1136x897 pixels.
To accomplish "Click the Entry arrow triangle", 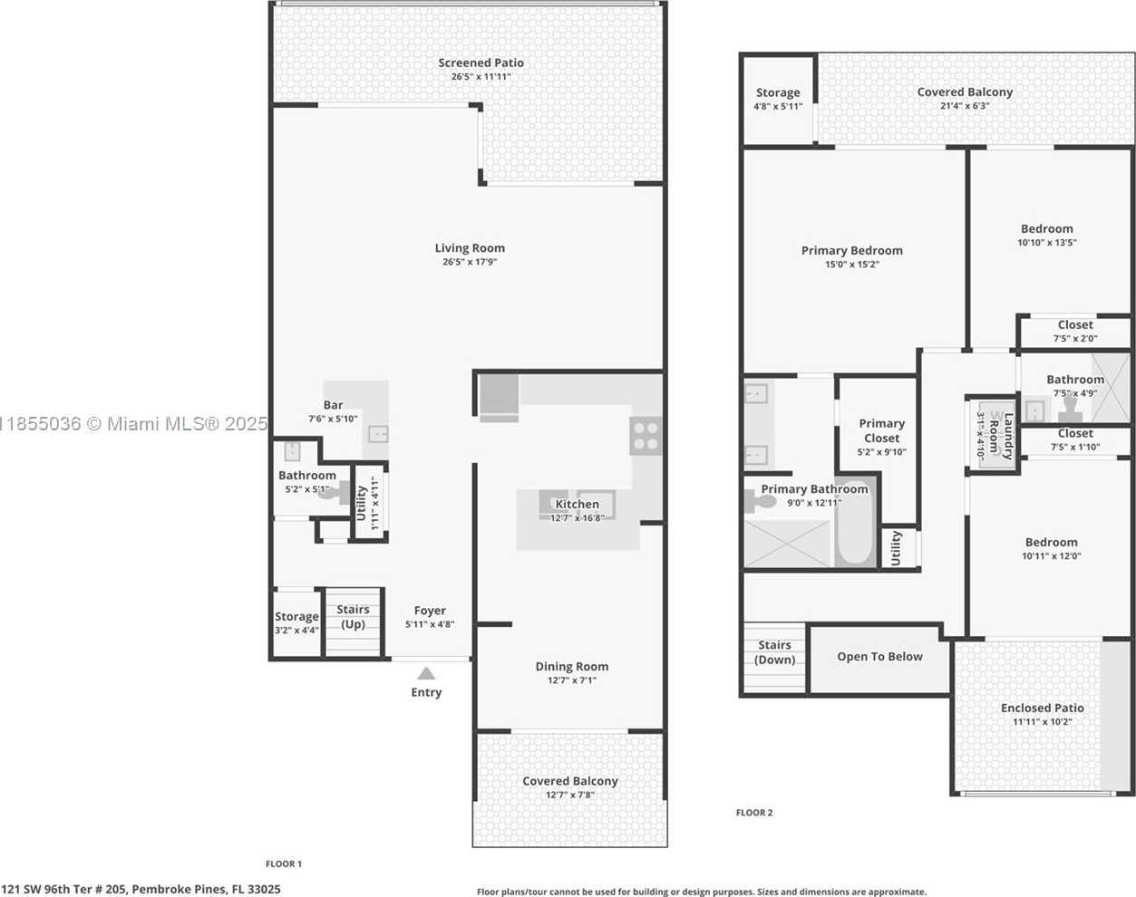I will click(426, 673).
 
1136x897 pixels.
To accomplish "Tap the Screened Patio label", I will click(481, 63).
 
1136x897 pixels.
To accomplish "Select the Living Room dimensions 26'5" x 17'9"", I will click(470, 262).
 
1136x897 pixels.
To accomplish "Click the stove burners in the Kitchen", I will click(646, 436).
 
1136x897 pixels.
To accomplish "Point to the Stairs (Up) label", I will click(353, 616).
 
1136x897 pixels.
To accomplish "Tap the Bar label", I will click(333, 405).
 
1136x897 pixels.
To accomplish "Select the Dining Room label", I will click(571, 666).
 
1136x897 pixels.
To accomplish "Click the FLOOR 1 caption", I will click(284, 863).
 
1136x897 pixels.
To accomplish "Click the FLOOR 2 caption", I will click(754, 813).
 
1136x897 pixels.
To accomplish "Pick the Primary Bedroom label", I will click(851, 250).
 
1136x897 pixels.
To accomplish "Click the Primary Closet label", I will click(881, 430).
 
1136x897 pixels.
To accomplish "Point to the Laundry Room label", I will click(1002, 436).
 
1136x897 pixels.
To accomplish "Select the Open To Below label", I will click(879, 657).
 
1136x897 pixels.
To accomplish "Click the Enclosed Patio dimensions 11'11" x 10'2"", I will click(1042, 722).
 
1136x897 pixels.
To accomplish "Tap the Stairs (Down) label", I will click(774, 652).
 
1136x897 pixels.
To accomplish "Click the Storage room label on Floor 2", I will click(778, 92).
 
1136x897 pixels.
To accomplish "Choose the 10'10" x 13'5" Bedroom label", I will click(1046, 229).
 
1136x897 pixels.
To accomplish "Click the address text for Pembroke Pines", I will click(141, 890).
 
